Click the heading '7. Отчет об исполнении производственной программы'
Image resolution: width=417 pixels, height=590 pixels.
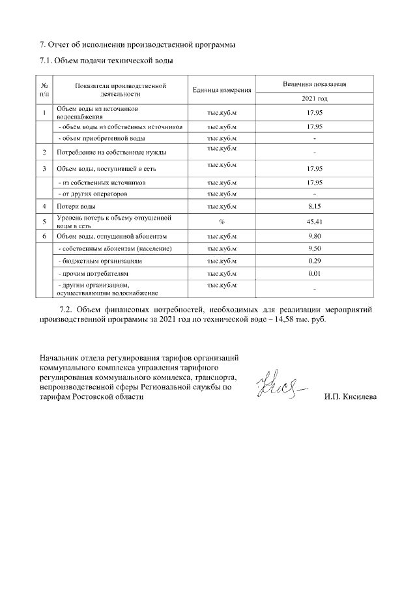pyautogui.click(x=137, y=45)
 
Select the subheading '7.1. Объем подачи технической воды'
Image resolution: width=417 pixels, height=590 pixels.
pyautogui.click(x=106, y=61)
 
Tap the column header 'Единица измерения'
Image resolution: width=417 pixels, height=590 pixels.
pyautogui.click(x=222, y=89)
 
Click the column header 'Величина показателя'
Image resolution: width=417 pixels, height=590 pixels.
pyautogui.click(x=314, y=85)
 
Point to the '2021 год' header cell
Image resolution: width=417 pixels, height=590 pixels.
pyautogui.click(x=314, y=98)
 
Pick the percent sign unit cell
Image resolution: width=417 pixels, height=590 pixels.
pyautogui.click(x=222, y=221)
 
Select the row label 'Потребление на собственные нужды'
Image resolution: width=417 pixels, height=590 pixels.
pyautogui.click(x=111, y=153)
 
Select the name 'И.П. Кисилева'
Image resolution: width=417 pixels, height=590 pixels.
pyautogui.click(x=351, y=397)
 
